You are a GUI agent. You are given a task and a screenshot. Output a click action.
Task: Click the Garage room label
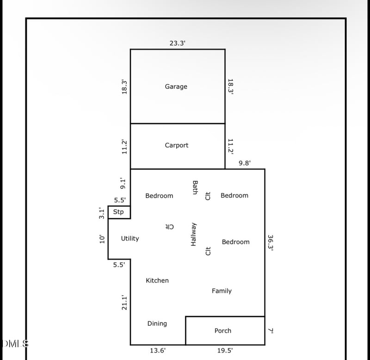coord(176,87)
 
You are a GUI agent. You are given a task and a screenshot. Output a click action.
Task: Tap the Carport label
coord(177,145)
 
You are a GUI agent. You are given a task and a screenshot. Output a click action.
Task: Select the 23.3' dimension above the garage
coord(178,43)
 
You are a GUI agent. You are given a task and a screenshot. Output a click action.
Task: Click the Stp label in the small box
coord(118,212)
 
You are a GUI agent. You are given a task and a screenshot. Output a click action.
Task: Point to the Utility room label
coord(130,239)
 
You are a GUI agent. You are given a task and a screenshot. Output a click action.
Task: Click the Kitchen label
coord(157,280)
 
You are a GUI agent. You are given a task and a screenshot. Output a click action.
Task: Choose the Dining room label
coord(157,323)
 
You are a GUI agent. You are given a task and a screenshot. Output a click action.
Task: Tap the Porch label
coord(223,331)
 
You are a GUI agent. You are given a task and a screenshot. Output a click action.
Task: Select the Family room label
coord(222,291)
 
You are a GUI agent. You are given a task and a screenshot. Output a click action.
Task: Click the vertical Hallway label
coord(193,234)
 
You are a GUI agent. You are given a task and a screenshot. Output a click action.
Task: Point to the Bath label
coord(195,187)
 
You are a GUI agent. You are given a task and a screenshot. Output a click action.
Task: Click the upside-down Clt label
coord(169,227)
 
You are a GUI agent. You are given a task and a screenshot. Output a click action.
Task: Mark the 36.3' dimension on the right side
coord(271,243)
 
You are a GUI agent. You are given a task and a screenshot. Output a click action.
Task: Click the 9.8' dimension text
coord(245,163)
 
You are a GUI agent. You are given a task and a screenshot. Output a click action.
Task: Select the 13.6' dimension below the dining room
coord(158,351)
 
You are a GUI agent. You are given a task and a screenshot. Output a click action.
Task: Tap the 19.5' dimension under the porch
coord(225,351)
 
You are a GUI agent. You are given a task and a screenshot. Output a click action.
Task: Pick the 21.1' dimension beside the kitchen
coord(124,303)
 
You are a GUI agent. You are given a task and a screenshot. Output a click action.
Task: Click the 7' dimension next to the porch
coord(271,331)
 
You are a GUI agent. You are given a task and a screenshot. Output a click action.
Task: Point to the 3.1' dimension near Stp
coord(101,213)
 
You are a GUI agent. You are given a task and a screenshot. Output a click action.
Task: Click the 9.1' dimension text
coord(123,183)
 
